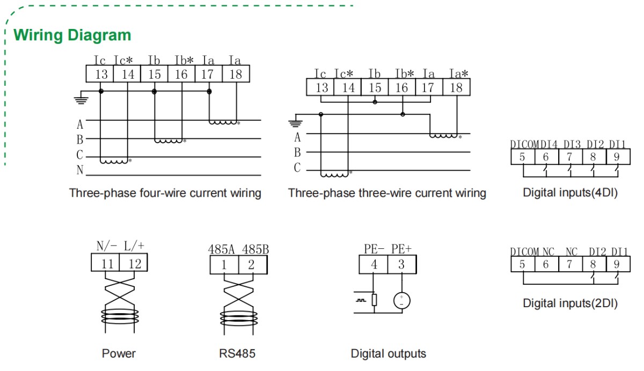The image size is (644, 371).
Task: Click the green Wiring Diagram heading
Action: tap(72, 35)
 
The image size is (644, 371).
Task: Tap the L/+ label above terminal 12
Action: tap(134, 247)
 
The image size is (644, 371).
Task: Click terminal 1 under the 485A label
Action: tap(224, 264)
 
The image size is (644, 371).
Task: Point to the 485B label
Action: tap(255, 249)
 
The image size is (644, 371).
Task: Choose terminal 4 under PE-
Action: tap(374, 264)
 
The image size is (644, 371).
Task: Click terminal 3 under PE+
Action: tap(401, 264)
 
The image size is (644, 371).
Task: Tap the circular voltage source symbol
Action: tap(401, 300)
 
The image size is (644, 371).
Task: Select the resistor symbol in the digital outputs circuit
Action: tap(374, 300)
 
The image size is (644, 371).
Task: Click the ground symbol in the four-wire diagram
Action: tap(81, 98)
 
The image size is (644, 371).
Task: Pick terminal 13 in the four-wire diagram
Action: tap(101, 74)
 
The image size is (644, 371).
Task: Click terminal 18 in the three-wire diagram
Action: tap(456, 87)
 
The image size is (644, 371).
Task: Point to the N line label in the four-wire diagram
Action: tap(80, 170)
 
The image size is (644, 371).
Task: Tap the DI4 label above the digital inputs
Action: tap(548, 144)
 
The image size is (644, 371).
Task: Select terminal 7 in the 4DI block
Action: tap(569, 157)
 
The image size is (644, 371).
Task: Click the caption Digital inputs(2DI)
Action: tap(570, 303)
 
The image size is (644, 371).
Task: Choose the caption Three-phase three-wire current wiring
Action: tap(387, 193)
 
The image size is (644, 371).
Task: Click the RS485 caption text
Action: tap(237, 353)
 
